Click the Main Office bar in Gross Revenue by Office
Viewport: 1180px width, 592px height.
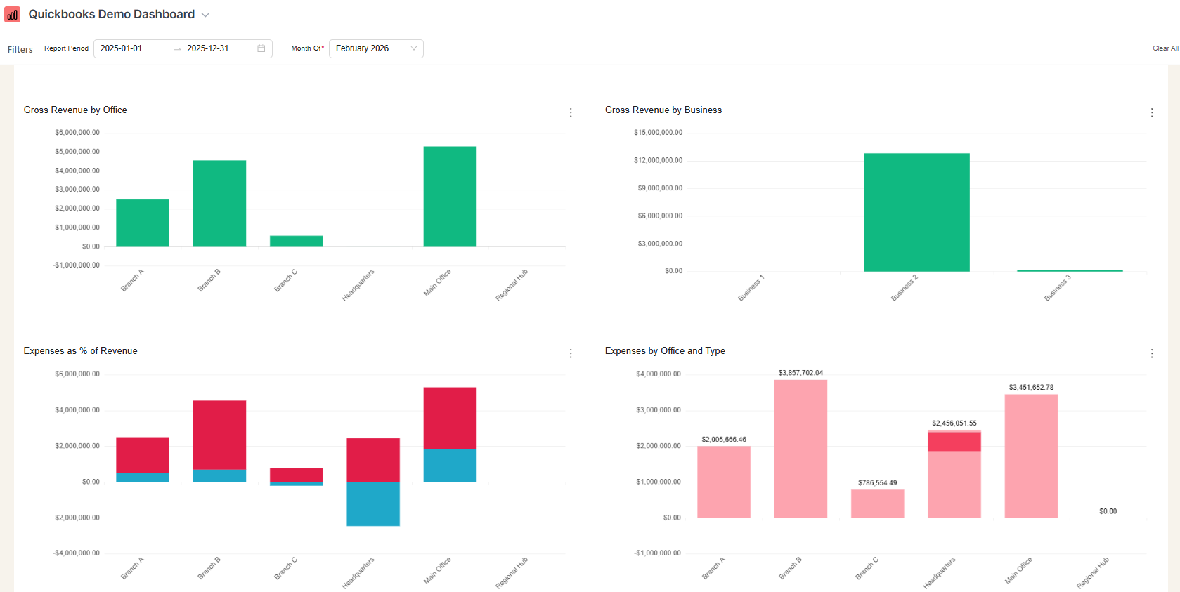450,197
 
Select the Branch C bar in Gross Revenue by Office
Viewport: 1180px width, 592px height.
296,241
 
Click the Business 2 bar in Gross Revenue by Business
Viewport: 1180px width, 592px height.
916,212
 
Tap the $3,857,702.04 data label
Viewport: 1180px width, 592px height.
800,373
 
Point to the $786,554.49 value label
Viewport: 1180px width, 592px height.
877,482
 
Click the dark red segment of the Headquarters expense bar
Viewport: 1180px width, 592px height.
954,442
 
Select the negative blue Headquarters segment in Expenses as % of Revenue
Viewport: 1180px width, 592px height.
373,504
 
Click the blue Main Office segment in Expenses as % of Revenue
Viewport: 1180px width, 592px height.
450,465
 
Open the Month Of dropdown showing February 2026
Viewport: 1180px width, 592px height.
376,48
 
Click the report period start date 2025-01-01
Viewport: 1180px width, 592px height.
122,48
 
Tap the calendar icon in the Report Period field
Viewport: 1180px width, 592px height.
261,48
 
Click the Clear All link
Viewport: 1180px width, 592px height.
1165,48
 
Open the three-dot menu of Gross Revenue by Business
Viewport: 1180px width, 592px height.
1152,112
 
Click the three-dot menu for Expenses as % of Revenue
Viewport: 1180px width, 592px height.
571,353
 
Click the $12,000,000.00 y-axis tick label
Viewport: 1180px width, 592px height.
658,160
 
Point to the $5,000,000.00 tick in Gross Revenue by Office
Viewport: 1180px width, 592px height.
77,152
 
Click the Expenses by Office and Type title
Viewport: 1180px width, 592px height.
665,350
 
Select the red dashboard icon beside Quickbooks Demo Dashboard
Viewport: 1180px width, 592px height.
13,15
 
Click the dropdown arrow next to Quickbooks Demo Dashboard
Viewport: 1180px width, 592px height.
205,15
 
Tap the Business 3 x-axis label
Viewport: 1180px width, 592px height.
1057,288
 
